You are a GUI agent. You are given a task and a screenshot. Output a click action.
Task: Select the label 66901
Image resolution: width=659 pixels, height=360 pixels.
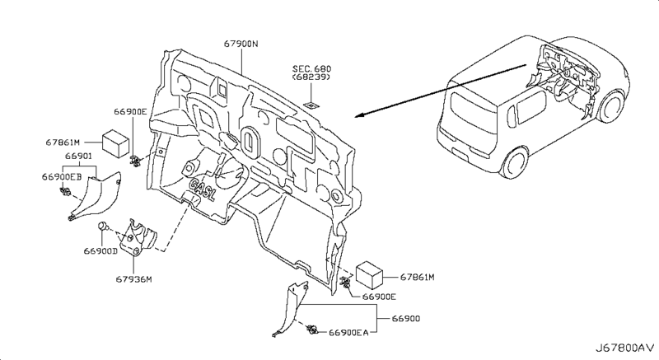[79, 156]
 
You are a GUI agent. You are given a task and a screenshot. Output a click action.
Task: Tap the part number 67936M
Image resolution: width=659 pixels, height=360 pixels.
[132, 278]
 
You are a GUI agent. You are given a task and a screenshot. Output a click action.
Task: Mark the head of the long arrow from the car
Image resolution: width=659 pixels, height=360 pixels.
[358, 116]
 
